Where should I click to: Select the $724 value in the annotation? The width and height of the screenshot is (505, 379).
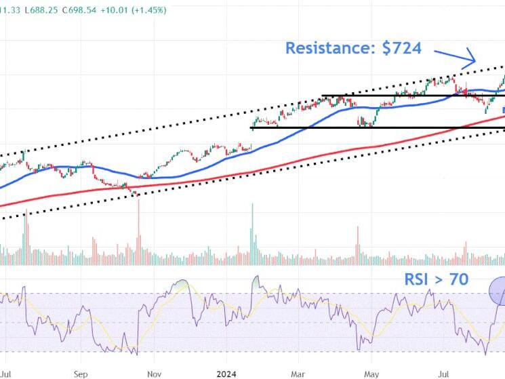coord(399,48)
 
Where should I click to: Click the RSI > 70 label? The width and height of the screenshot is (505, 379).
coord(436,279)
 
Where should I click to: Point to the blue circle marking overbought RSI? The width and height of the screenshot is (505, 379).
coord(499,291)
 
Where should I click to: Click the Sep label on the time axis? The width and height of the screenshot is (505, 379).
coord(80,373)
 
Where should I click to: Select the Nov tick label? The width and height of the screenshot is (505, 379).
coord(154,373)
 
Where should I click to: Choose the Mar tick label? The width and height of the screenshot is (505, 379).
coord(297,373)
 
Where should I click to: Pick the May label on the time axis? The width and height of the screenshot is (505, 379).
coord(371,373)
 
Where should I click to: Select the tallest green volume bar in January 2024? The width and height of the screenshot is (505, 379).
coord(253,231)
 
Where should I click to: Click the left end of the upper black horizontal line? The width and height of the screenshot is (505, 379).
coord(322,96)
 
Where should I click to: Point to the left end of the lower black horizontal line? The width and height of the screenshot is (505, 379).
coord(251,127)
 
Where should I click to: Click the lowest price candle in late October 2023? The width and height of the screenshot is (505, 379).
coord(138,194)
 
